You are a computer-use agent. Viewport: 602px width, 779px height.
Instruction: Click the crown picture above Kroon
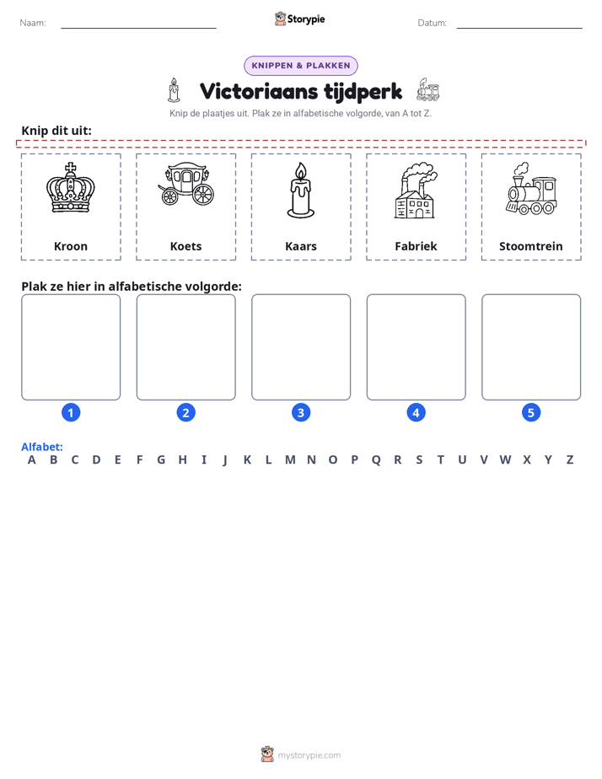click(71, 188)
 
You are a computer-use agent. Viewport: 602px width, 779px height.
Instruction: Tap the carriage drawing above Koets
click(185, 185)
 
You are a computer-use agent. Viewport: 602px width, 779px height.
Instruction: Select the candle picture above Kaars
click(300, 191)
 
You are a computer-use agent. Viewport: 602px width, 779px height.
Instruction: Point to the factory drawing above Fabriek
click(416, 191)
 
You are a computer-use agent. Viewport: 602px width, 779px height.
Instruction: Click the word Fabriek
click(416, 246)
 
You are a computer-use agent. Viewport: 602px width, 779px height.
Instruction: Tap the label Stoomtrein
click(531, 246)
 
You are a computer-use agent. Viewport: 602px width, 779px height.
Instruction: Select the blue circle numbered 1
click(71, 412)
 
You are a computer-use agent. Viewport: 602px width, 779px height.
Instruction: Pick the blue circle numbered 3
click(300, 412)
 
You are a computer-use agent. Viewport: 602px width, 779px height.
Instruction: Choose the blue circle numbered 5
click(531, 412)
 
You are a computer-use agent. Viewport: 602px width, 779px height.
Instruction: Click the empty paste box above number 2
click(185, 347)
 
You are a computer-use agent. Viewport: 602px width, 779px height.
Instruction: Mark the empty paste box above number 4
click(416, 347)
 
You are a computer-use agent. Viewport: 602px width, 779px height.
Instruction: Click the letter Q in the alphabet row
click(376, 460)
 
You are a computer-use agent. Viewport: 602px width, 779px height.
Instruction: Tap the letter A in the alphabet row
click(32, 460)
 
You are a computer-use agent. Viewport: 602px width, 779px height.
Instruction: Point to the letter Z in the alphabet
click(570, 460)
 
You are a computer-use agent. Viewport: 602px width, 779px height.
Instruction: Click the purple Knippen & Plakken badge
click(300, 66)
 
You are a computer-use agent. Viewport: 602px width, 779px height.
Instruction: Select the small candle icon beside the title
click(174, 90)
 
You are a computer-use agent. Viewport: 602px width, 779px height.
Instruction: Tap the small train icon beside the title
click(427, 89)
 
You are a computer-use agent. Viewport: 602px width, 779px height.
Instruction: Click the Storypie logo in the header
click(299, 19)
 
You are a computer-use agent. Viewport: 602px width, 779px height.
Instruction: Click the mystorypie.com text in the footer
click(309, 755)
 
